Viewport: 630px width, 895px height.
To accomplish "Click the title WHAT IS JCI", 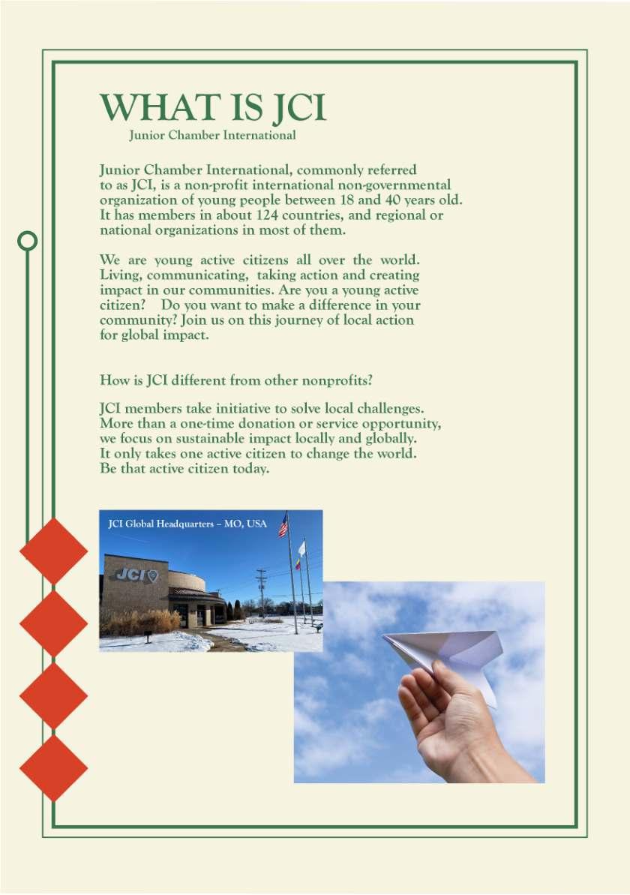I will point(213,108).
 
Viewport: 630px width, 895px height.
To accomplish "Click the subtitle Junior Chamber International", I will point(212,136).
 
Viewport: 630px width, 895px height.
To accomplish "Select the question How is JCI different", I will point(235,380).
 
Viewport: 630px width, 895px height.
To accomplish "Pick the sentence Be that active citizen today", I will point(184,469).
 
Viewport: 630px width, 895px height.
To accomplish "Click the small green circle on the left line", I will point(28,240).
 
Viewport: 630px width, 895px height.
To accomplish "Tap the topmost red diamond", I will point(53,551).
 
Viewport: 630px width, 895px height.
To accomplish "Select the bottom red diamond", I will point(53,767).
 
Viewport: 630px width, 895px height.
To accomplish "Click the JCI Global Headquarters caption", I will point(187,524).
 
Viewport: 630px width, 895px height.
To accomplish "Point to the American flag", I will point(283,526).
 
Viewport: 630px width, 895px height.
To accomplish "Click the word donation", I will point(285,424).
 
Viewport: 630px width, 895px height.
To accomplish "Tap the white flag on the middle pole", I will point(301,548).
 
